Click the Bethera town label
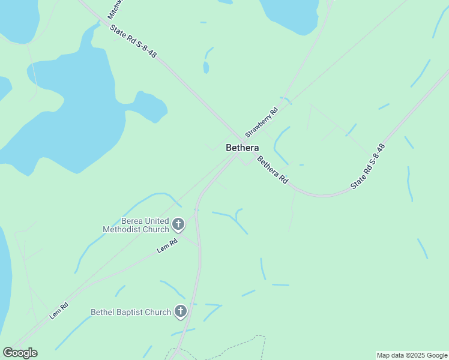click(x=243, y=148)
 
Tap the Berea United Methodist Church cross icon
click(x=178, y=224)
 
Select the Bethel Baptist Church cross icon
click(x=181, y=311)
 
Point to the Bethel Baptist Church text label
click(x=131, y=312)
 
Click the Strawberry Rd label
click(x=262, y=122)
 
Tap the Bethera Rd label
click(x=273, y=170)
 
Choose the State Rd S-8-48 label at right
click(x=368, y=167)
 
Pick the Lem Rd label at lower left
click(x=59, y=310)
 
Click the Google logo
click(x=20, y=353)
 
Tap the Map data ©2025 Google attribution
click(x=412, y=355)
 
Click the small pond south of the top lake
click(x=206, y=67)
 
